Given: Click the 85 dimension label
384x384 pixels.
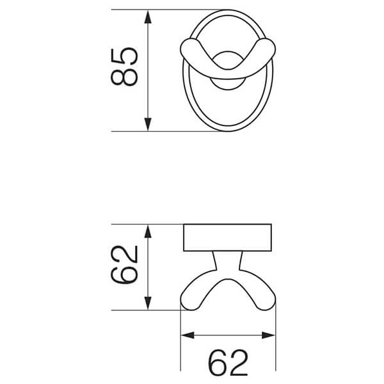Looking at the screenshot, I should tap(124, 66).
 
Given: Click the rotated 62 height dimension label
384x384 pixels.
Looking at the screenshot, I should tap(124, 264).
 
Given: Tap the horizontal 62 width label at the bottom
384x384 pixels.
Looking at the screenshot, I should tap(228, 363).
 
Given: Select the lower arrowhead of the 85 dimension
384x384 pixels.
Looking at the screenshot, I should tap(148, 125).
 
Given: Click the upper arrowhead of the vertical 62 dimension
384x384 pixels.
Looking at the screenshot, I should tap(148, 230).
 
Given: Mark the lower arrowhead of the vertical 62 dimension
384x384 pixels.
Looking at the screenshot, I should tap(148, 305).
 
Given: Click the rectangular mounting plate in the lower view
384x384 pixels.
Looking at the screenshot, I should tap(228, 237).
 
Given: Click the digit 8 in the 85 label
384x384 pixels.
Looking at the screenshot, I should tap(124, 77).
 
